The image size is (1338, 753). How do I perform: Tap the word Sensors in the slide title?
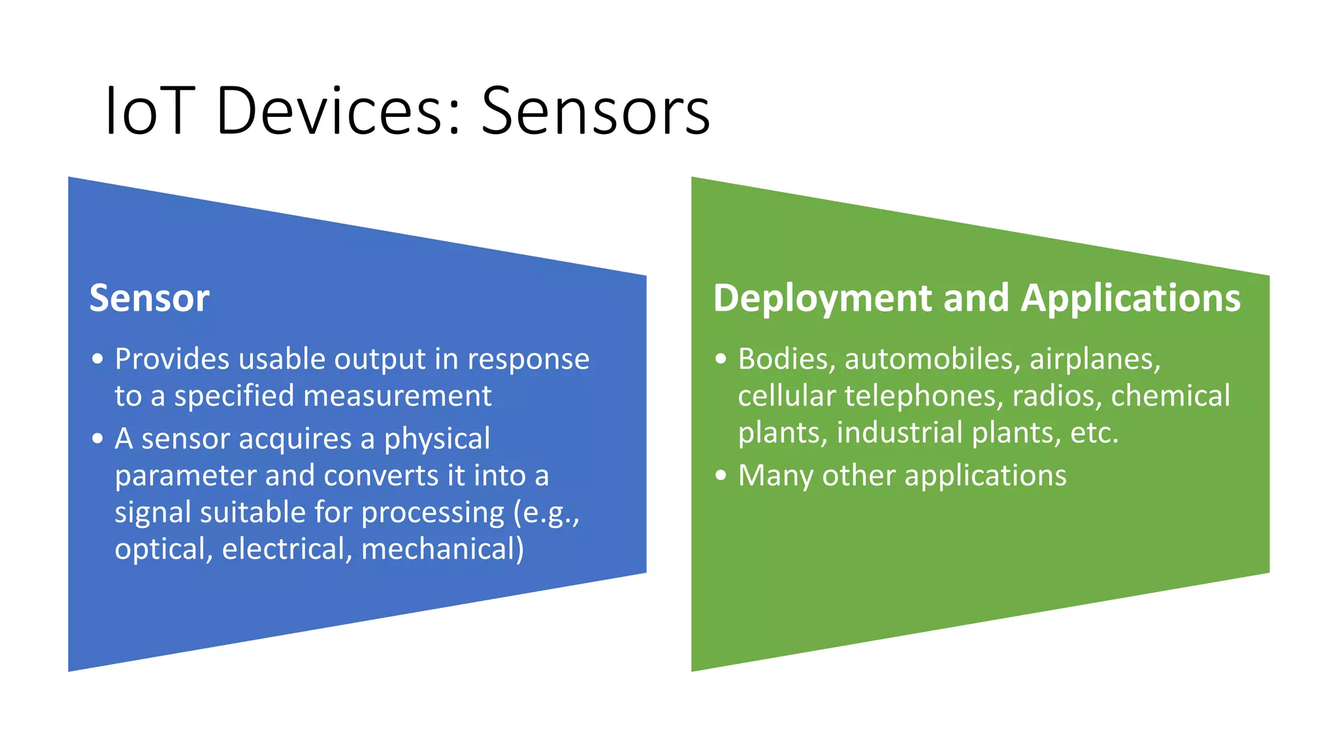tap(595, 111)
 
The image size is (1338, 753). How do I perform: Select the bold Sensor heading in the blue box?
tap(150, 298)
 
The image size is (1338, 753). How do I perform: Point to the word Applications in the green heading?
tap(1130, 298)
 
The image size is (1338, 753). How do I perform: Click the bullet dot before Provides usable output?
tap(98, 359)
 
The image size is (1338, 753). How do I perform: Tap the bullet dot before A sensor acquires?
tap(98, 439)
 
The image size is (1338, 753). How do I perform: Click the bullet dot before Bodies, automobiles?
tap(721, 359)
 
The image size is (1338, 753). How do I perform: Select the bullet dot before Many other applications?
tap(721, 475)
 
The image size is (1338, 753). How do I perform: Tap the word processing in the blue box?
tap(432, 512)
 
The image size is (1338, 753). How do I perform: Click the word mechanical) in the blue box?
tap(442, 549)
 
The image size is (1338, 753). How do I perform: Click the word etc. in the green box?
tap(1094, 433)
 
